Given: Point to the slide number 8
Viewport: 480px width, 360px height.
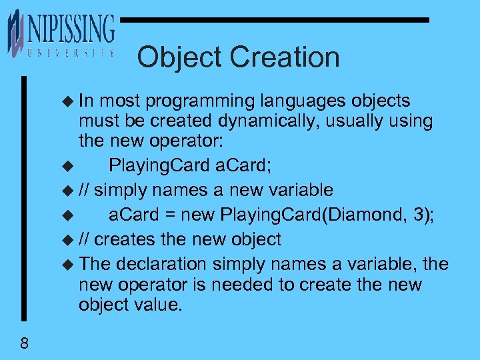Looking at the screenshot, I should (24, 344).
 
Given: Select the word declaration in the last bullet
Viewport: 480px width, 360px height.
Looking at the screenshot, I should (160, 264).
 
